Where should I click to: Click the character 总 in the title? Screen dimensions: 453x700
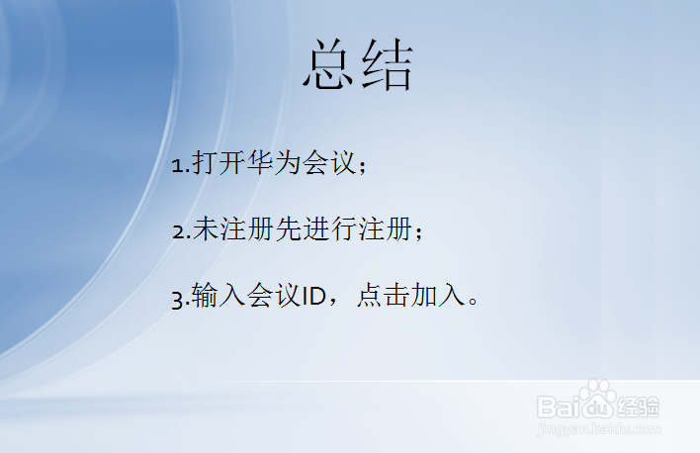tap(329, 66)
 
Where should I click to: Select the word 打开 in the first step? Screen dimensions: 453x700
tap(217, 164)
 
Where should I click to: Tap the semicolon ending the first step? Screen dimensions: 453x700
tap(362, 167)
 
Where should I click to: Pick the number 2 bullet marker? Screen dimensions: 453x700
tap(177, 231)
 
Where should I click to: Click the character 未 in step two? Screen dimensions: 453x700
tap(204, 230)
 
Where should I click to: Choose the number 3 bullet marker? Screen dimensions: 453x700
tap(177, 298)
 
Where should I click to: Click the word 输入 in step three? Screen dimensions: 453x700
tap(217, 297)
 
